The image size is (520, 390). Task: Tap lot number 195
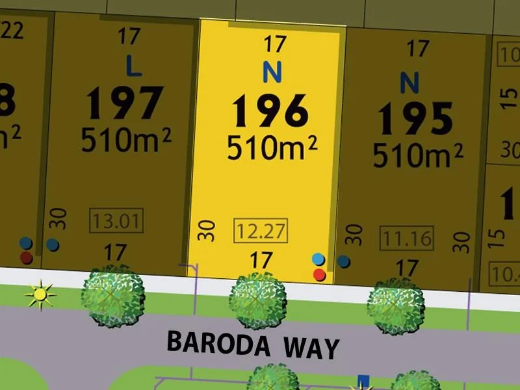click(x=416, y=118)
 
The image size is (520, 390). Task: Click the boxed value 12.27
click(x=260, y=230)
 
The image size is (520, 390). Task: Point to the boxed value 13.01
click(x=116, y=221)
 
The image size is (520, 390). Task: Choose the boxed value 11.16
click(x=407, y=238)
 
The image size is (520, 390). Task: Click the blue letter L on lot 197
click(x=134, y=66)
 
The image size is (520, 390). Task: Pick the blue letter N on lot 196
click(x=272, y=72)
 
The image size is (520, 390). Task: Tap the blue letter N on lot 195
click(x=409, y=83)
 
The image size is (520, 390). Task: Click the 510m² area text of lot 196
click(x=272, y=148)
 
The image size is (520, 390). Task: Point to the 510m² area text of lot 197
click(x=126, y=139)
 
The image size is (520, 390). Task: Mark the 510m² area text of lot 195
click(x=417, y=155)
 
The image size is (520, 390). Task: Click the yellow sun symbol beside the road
click(x=40, y=294)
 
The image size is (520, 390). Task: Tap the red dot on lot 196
click(x=319, y=275)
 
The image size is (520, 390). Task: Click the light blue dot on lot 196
click(x=318, y=259)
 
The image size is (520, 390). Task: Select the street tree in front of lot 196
click(x=258, y=300)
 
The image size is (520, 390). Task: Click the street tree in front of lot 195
click(x=396, y=303)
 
